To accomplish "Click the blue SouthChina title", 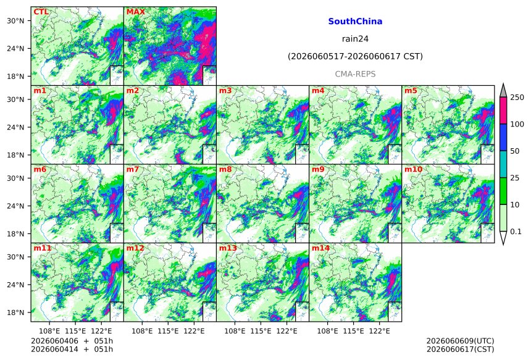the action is (x=355, y=22).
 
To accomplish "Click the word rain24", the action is (x=355, y=39).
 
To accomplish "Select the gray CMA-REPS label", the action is (x=355, y=74).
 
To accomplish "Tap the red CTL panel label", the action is (x=41, y=12).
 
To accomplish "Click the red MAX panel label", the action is (x=135, y=12).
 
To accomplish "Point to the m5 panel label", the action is (x=411, y=91).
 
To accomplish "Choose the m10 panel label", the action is (x=413, y=169).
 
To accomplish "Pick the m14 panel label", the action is (x=320, y=248).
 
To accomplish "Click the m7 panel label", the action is (x=133, y=169).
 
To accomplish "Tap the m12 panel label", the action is (x=135, y=248).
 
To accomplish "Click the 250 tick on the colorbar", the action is (x=517, y=98).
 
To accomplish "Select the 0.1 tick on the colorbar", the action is (x=516, y=232).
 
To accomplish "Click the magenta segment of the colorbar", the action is (x=504, y=111).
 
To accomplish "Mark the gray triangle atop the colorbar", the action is (x=504, y=90).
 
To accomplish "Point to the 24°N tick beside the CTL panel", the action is (x=15, y=48).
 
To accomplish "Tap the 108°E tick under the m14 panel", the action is (x=327, y=331).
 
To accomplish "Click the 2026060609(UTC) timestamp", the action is (x=460, y=341).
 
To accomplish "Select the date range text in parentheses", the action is (x=355, y=56).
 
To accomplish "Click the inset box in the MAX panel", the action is (x=209, y=75).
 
